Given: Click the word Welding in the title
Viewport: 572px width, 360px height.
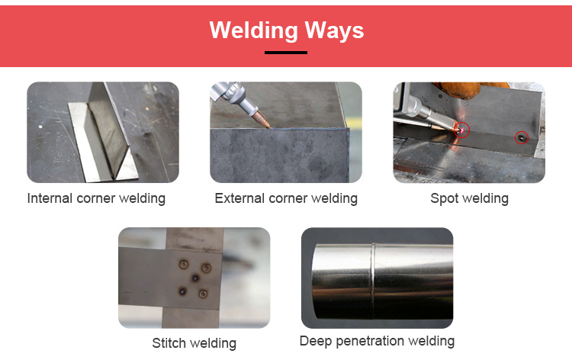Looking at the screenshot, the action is coord(254,31).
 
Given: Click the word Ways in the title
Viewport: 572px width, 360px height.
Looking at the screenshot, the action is coord(334,31).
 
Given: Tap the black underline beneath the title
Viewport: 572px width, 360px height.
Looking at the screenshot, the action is coord(286,53).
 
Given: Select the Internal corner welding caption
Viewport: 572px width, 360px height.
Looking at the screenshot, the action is coord(96,198).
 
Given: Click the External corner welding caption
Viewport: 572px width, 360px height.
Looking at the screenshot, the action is coord(286,198).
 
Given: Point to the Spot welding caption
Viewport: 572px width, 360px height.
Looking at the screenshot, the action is coord(469,199).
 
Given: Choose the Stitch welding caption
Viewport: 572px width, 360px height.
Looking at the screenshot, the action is coord(194,343).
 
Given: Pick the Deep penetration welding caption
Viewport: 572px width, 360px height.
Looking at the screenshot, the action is coord(377,342).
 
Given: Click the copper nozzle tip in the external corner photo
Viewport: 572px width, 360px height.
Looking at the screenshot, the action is coord(261,120).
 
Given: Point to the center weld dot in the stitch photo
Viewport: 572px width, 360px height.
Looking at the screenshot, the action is coord(195,278).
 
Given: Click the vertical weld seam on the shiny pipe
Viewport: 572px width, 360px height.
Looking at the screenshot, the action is coord(373,281).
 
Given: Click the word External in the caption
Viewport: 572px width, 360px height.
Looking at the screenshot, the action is coord(239,198).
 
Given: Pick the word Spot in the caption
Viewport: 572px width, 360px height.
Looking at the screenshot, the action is coord(444,199).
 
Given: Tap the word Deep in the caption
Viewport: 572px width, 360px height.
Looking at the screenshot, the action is coord(316,342).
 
